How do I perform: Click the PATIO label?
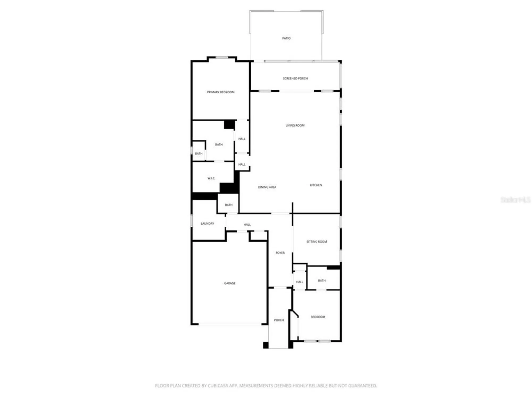[x=286, y=38]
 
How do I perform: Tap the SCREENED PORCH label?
[x=295, y=78]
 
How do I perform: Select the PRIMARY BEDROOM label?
[x=221, y=92]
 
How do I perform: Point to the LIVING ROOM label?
[x=295, y=125]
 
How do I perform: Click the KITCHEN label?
[x=316, y=185]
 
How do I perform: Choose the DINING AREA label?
[x=267, y=187]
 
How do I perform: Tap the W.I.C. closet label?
[x=211, y=178]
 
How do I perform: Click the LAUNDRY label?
[x=207, y=224]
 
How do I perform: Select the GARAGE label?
[x=230, y=283]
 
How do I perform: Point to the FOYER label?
[x=280, y=253]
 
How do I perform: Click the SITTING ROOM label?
[x=317, y=242]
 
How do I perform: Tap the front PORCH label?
[x=279, y=320]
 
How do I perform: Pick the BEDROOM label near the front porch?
[x=318, y=317]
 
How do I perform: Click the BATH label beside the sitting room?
[x=322, y=281]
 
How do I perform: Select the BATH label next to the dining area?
[x=228, y=205]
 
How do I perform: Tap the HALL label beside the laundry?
[x=247, y=225]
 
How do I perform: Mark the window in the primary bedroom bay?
[x=222, y=57]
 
